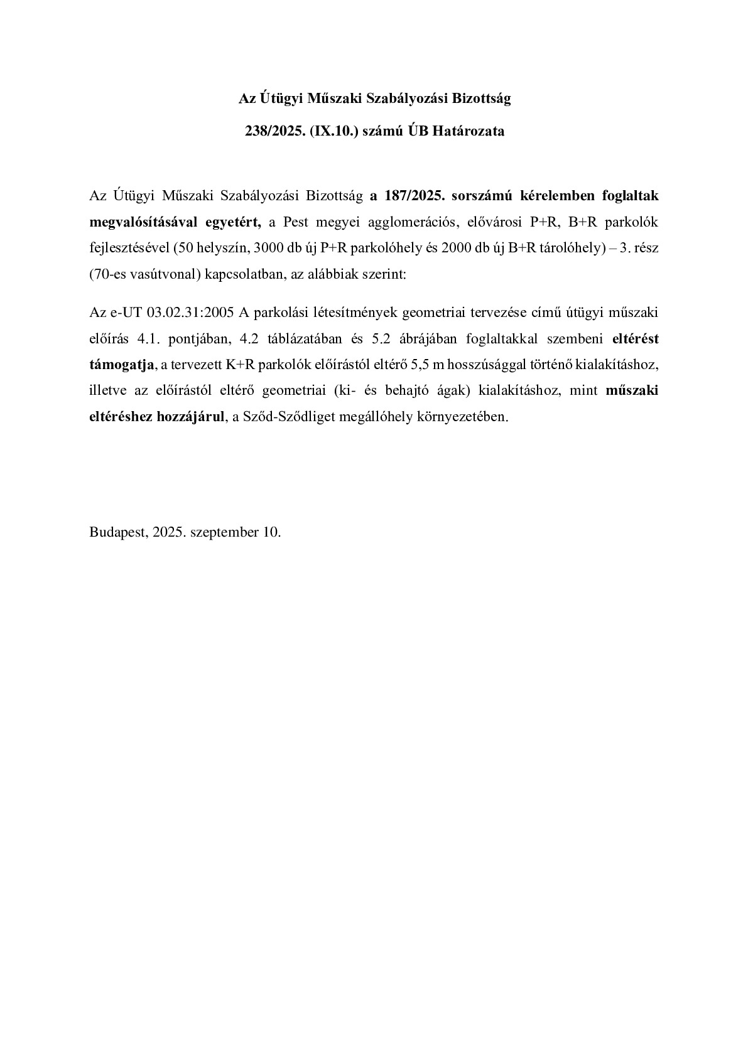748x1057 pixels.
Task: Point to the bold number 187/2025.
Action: coord(411,196)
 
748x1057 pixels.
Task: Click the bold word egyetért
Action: coord(232,221)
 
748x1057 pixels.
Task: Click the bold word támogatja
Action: coord(122,364)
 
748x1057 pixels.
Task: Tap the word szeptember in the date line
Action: coord(221,532)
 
